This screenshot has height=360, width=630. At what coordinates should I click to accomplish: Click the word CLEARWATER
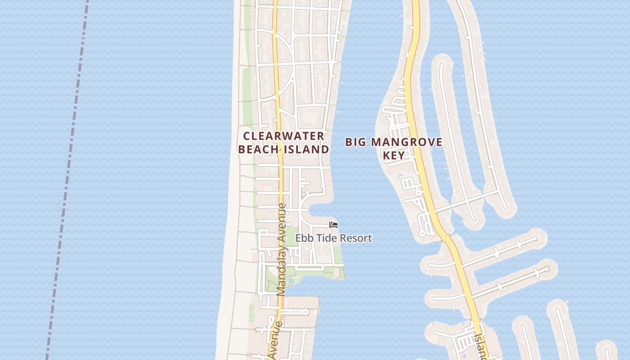pos(283,136)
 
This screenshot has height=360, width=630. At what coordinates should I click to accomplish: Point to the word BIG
pos(355,142)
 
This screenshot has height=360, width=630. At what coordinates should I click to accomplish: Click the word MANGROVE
pos(407,142)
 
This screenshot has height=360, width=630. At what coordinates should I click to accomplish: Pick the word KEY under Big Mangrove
pos(393,156)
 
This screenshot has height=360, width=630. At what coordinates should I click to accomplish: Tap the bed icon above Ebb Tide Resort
pos(333,225)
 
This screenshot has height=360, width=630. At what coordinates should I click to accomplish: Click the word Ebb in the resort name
pos(303,238)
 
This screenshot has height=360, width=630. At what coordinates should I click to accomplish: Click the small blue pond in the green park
pos(292,280)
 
